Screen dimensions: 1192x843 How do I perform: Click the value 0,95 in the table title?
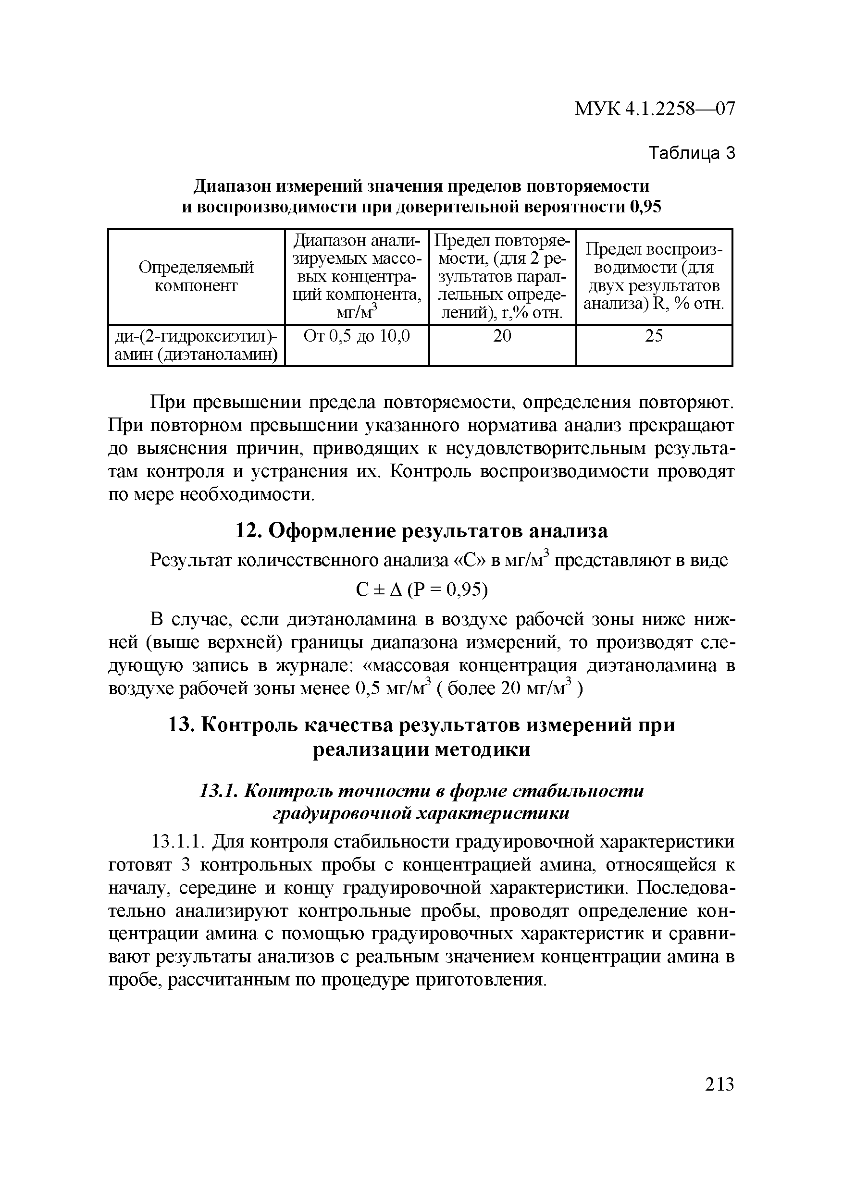point(645,207)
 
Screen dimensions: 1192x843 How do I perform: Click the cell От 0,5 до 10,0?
point(357,336)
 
